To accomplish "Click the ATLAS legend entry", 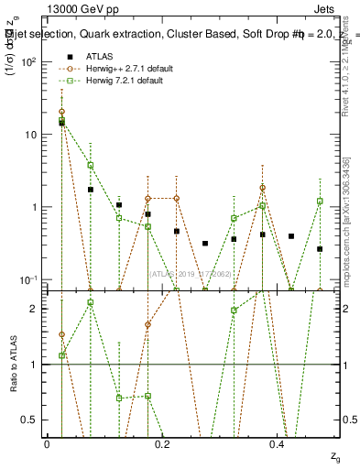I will pos(101,56).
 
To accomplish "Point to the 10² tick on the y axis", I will pos(29,62).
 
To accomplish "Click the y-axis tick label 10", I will pos(31,135).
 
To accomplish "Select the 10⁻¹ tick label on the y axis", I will pos(29,279).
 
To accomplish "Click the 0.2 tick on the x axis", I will pos(161,444).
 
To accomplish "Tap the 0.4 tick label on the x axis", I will pos(276,444).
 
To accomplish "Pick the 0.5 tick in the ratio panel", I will pos(33,420).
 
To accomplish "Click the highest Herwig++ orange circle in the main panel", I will pos(61,112).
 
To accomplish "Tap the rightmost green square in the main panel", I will pos(320,201).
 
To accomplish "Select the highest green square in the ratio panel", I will pos(90,302).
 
